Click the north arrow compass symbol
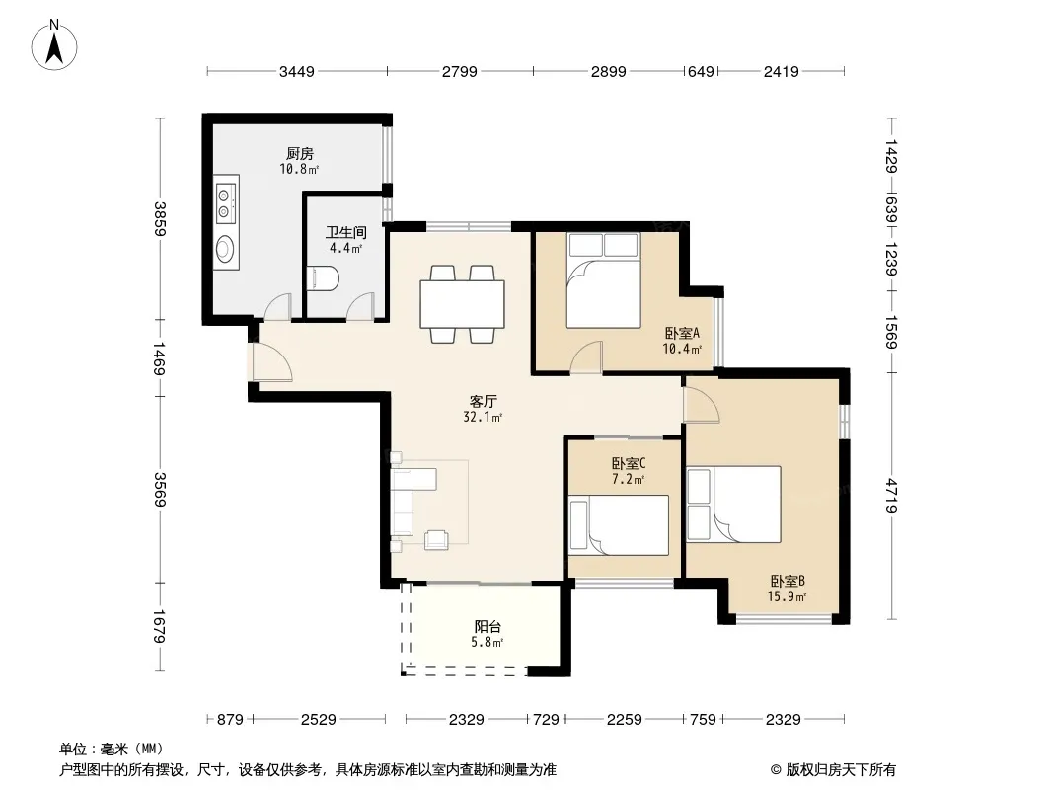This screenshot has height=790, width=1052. [54, 45]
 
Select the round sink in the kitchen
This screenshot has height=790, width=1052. [225, 250]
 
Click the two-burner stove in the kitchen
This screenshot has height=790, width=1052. [226, 203]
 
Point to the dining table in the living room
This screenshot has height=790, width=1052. [462, 304]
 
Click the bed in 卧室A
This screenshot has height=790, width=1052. [603, 279]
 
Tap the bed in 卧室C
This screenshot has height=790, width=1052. [619, 525]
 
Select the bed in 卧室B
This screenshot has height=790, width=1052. [734, 504]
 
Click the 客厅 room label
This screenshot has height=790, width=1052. [483, 401]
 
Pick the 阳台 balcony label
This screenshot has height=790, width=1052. [488, 627]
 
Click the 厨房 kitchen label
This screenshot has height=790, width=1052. [299, 154]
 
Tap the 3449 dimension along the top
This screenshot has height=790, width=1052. [296, 71]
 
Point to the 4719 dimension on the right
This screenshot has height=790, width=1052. [892, 495]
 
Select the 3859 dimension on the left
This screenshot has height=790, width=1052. [160, 219]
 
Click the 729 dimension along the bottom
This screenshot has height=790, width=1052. [546, 720]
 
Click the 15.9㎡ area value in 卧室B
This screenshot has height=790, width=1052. [787, 596]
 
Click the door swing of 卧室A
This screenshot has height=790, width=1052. [586, 356]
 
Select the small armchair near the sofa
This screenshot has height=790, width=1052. [437, 539]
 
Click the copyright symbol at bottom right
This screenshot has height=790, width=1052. [776, 770]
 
